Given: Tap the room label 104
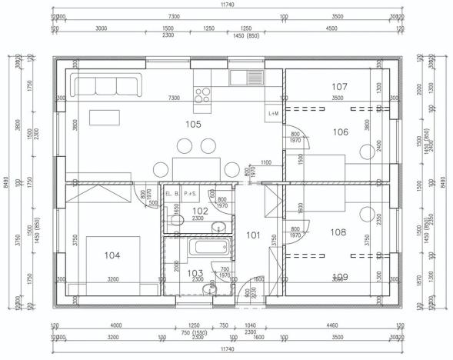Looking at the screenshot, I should pyautogui.click(x=112, y=255).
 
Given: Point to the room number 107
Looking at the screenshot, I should pyautogui.click(x=340, y=86).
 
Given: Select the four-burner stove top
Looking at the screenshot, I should pyautogui.click(x=203, y=95).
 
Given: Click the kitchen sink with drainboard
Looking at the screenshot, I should pyautogui.click(x=246, y=77).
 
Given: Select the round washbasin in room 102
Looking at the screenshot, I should pyautogui.click(x=218, y=226).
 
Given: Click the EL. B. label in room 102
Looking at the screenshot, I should pyautogui.click(x=172, y=194).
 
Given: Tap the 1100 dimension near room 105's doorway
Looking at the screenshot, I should pyautogui.click(x=265, y=163).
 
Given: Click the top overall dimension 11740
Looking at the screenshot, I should pyautogui.click(x=227, y=5).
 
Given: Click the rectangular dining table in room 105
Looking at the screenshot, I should pyautogui.click(x=192, y=168).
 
